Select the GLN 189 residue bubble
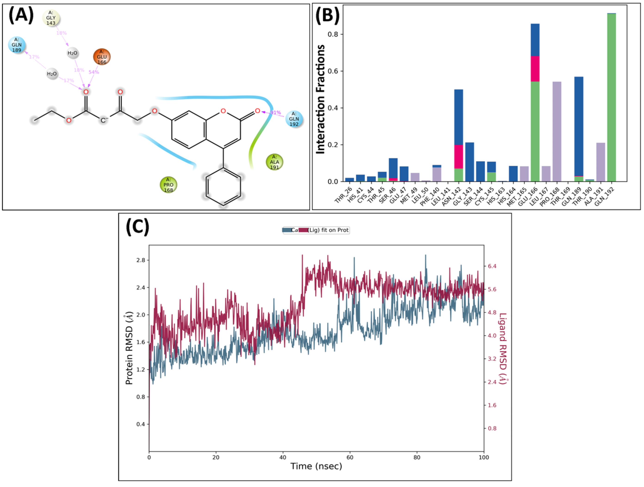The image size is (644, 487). click(x=17, y=45)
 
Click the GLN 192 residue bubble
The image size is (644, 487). click(x=294, y=119)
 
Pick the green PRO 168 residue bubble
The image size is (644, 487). click(x=168, y=185)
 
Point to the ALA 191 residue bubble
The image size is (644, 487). click(x=274, y=162)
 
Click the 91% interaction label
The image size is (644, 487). click(x=276, y=112)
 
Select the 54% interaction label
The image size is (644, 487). click(x=94, y=72)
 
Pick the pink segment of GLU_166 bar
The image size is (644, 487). click(x=535, y=69)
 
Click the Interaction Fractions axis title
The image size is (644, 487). click(x=320, y=99)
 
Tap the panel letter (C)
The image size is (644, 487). click(x=137, y=227)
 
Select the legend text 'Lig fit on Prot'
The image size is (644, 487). click(x=328, y=230)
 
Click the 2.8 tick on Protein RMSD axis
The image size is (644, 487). click(x=141, y=260)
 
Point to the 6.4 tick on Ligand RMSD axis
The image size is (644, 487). click(x=492, y=266)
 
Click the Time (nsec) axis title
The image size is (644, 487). click(x=316, y=466)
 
